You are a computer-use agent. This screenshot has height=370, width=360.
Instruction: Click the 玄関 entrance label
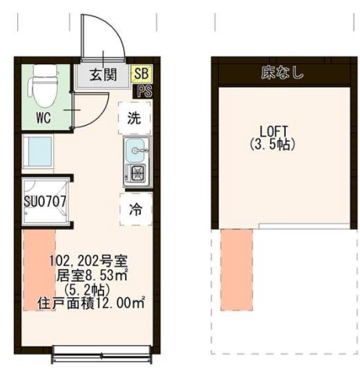pyautogui.click(x=102, y=75)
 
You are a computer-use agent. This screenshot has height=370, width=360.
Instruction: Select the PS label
pyautogui.click(x=144, y=90)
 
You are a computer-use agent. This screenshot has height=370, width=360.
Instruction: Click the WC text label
pyautogui.click(x=44, y=120)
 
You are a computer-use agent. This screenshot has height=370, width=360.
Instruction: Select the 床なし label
pyautogui.click(x=283, y=74)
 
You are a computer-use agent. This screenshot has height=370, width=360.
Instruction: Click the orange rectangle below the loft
pyautogui.click(x=236, y=269)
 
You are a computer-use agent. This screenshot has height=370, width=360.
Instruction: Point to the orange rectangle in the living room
pyautogui.click(x=35, y=270)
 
